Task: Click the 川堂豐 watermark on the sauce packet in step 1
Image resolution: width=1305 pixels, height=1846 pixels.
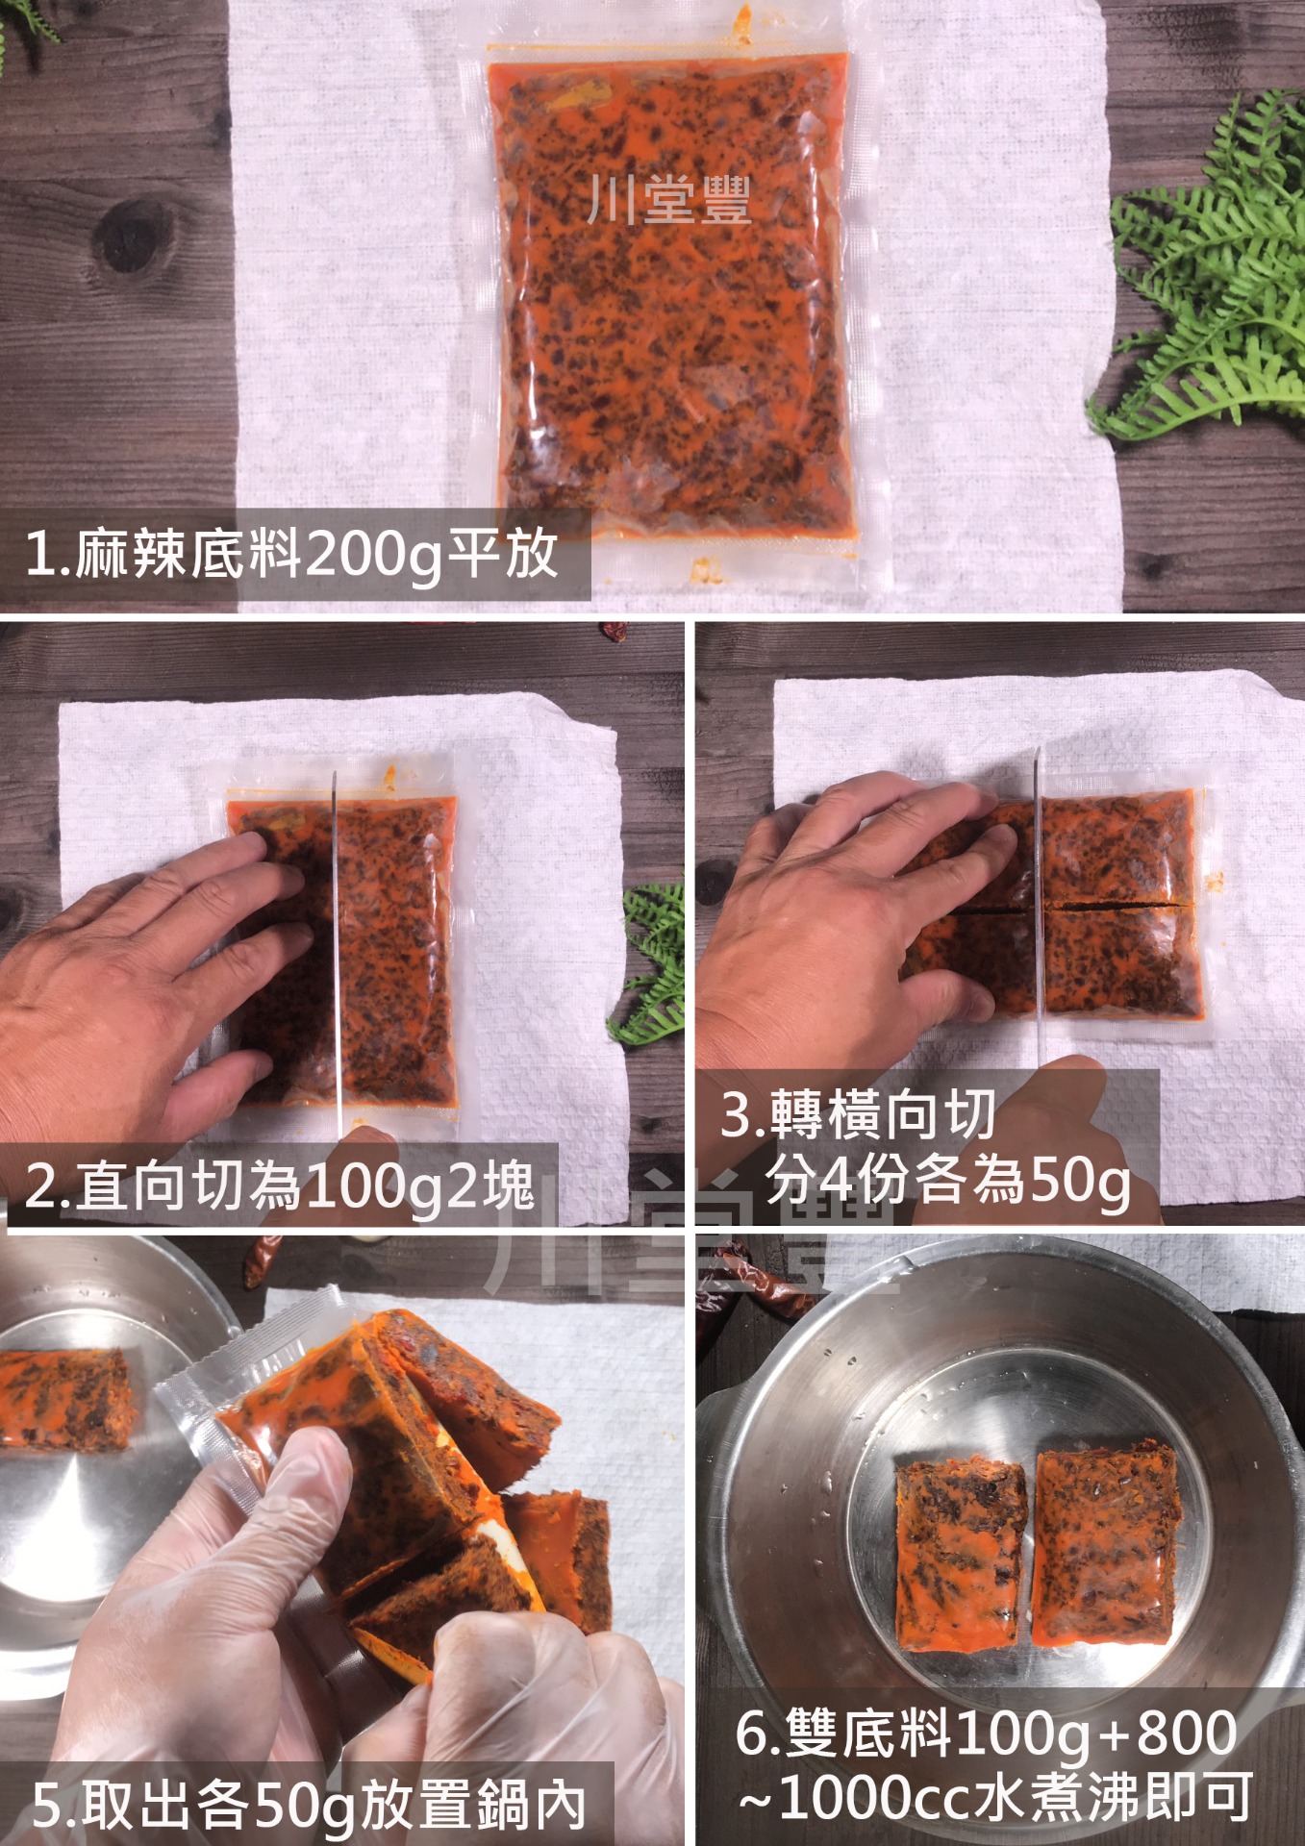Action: tap(670, 200)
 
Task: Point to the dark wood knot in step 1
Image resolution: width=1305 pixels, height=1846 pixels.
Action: tap(135, 235)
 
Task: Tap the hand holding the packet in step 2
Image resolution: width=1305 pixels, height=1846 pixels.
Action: tap(144, 990)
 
